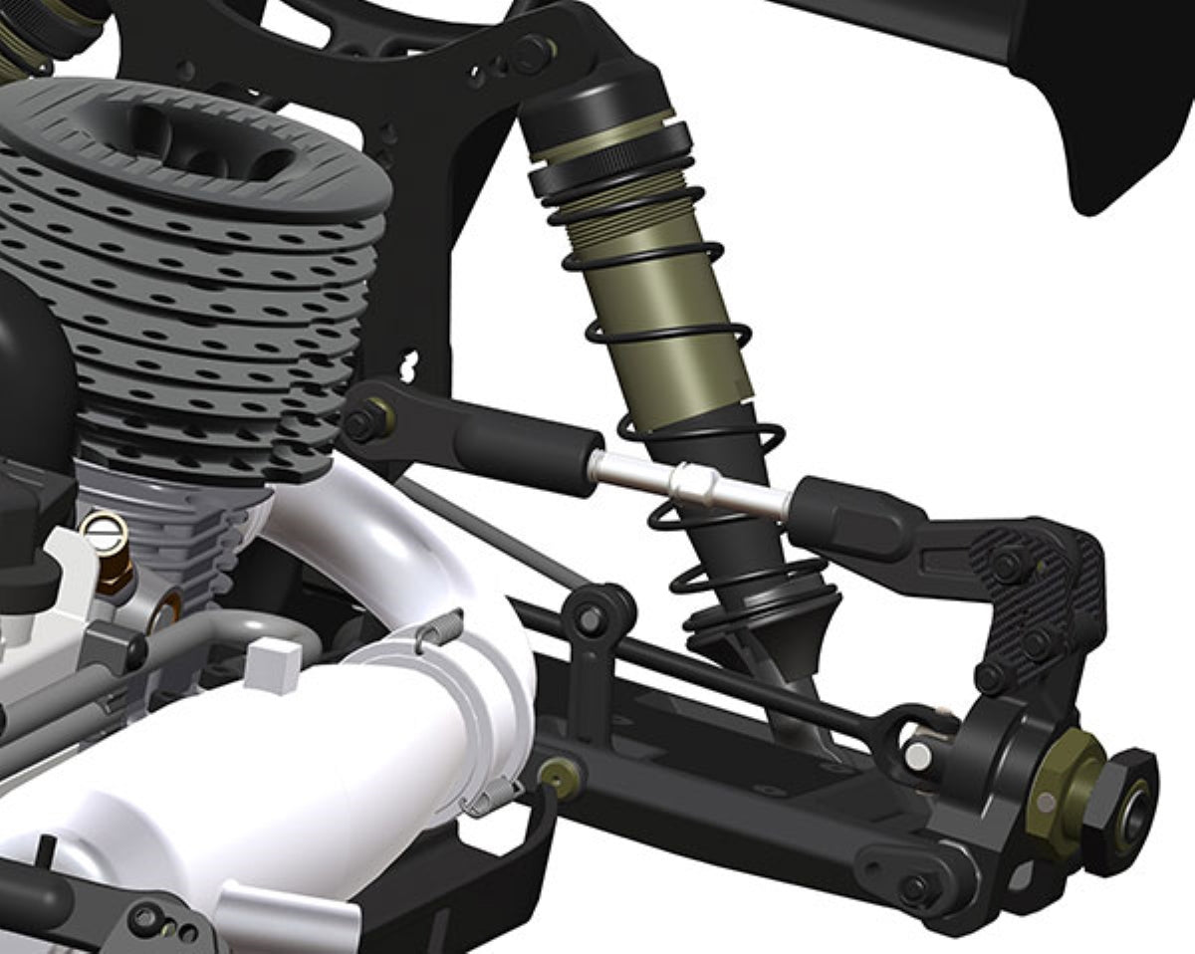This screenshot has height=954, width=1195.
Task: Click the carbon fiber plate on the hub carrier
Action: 1036,597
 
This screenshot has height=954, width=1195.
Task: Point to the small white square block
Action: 273,664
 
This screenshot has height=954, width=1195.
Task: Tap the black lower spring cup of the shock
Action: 767,612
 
